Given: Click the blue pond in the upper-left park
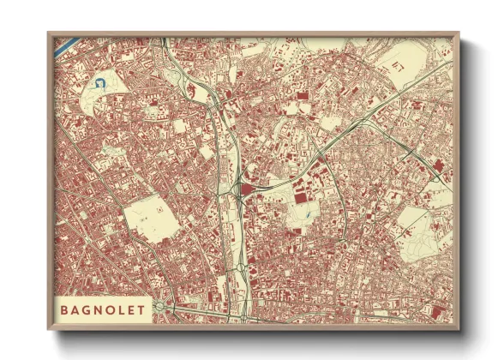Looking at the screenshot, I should pos(99,83).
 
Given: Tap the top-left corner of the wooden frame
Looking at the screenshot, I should pos(49,34).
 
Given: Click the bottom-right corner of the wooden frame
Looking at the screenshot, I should pos(459,330).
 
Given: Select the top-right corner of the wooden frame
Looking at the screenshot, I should pos(459,34).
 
